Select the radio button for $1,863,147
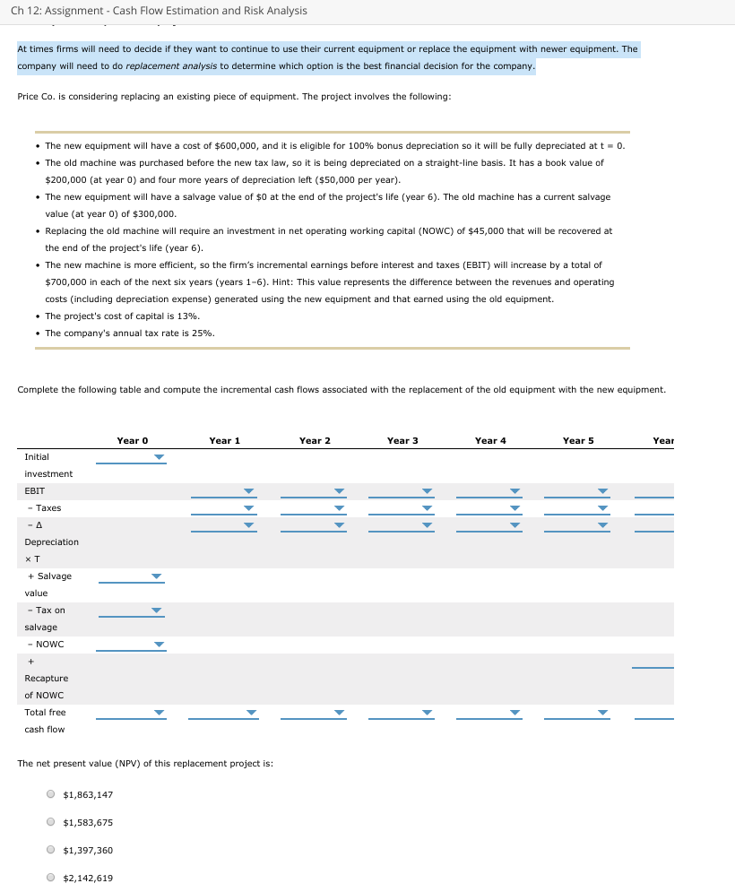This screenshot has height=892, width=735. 52,795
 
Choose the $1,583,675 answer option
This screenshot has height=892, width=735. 52,823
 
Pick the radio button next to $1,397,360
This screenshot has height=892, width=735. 52,851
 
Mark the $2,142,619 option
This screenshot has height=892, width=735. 52,879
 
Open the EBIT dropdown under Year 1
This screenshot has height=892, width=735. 223,491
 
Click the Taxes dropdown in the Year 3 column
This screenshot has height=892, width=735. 401,508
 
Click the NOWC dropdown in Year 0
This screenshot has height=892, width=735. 132,645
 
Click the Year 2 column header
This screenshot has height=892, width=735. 315,440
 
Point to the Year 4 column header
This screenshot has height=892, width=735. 490,440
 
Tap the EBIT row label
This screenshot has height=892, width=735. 35,491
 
